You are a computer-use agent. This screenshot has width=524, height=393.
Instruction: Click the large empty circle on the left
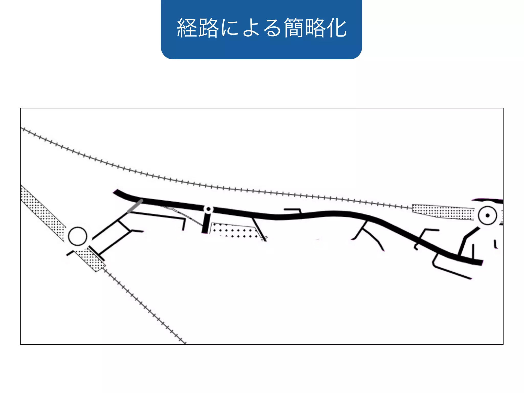click(78, 236)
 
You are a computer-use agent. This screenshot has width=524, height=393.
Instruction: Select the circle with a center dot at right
click(487, 215)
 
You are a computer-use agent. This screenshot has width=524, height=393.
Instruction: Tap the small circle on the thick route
click(209, 209)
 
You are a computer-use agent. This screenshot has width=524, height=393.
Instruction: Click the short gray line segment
click(135, 206)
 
